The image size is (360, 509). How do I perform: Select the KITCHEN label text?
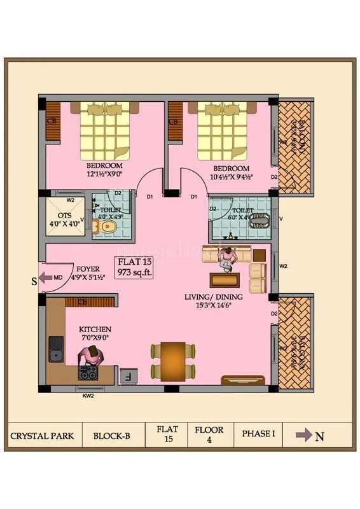[x=95, y=329]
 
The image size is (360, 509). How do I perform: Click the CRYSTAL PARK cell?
[x=42, y=436]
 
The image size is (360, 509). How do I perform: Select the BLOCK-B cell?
[x=111, y=436]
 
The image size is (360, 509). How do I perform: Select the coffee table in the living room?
[x=225, y=279]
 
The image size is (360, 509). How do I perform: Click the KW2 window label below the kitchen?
[x=88, y=396]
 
